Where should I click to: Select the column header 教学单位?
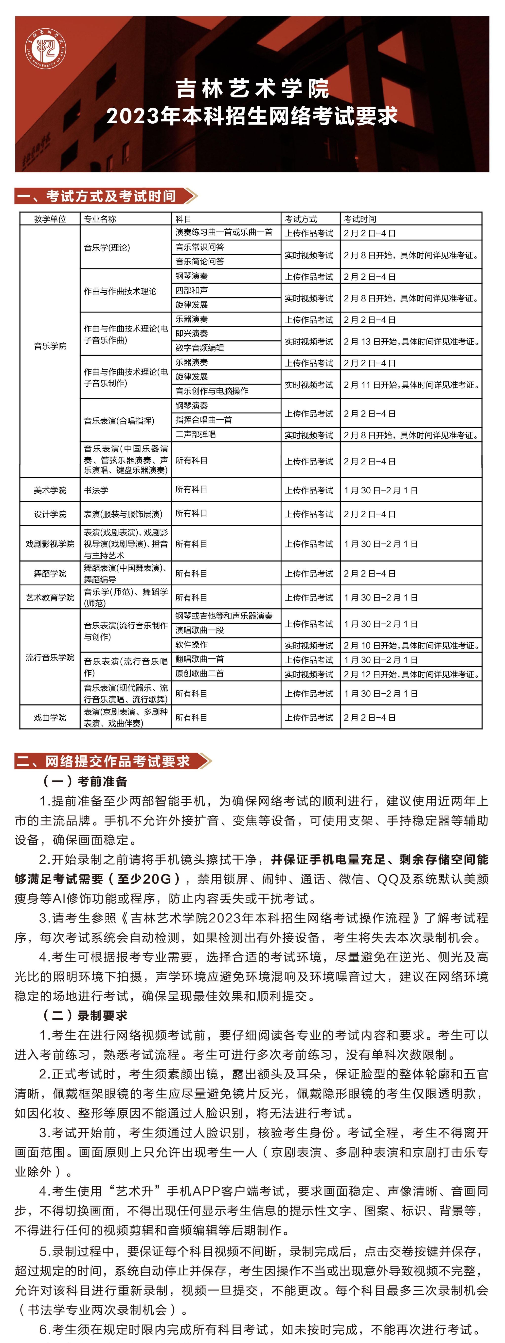(x=50, y=219)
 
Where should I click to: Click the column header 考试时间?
(x=360, y=219)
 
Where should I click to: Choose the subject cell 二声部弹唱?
(x=196, y=434)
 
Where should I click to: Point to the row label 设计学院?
(x=50, y=514)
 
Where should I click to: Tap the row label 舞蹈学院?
(x=50, y=574)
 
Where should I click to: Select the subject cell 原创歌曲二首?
(x=199, y=673)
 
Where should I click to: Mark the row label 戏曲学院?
(x=50, y=717)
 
